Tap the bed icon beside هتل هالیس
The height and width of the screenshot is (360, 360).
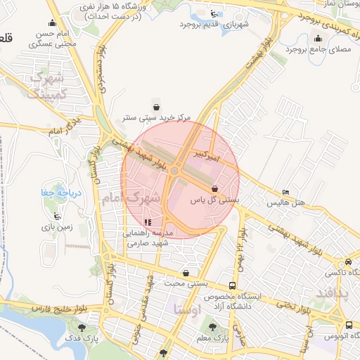click(285, 192)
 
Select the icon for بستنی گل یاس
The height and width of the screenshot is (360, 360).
click(214, 188)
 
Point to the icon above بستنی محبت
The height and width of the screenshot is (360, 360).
click(186, 273)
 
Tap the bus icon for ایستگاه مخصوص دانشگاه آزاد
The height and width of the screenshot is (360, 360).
click(232, 286)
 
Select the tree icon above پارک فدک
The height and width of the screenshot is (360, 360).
click(83, 327)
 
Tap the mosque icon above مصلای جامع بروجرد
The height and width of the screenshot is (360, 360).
click(319, 39)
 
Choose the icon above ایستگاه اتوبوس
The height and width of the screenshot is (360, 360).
click(349, 325)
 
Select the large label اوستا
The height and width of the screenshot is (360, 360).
click(186, 309)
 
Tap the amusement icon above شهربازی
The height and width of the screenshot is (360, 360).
click(214, 13)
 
